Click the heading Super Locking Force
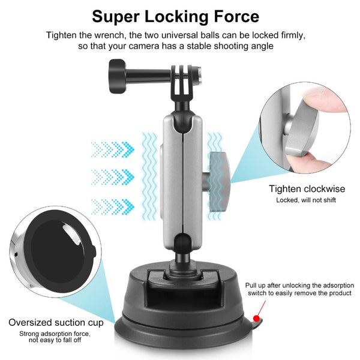[x=180, y=16]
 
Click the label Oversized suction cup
[x=56, y=323]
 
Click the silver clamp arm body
[x=180, y=174]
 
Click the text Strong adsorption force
[x=55, y=334]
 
